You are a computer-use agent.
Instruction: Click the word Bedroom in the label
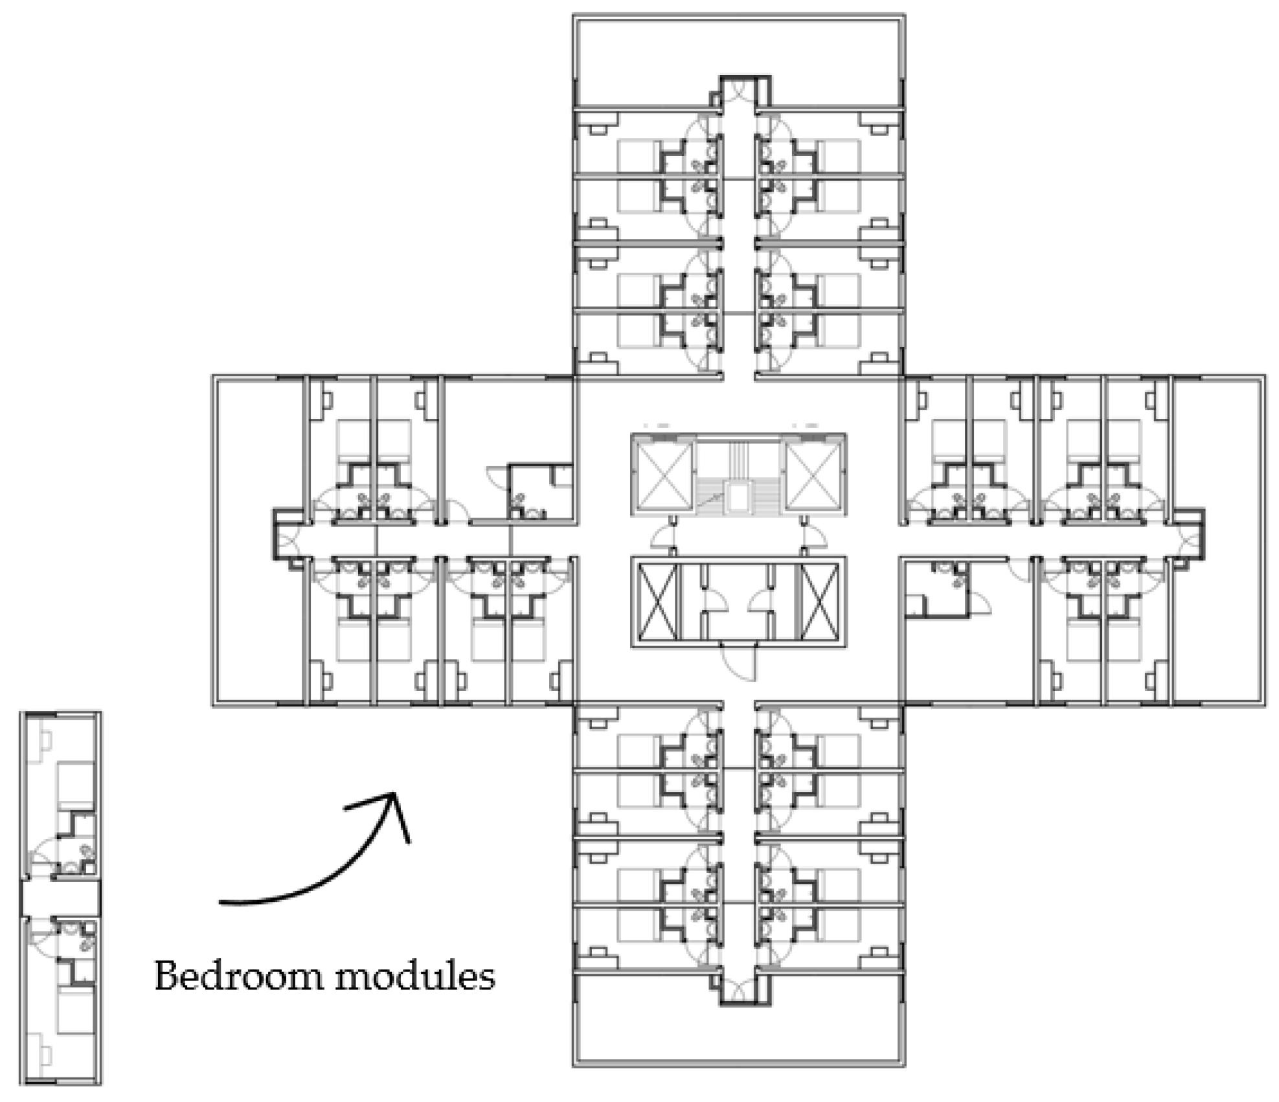point(238,976)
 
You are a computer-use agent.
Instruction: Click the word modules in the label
point(414,976)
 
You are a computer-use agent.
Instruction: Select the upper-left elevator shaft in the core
point(663,474)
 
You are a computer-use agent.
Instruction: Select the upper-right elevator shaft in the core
point(814,474)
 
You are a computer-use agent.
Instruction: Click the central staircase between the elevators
point(738,477)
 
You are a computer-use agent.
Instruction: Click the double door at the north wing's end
point(739,91)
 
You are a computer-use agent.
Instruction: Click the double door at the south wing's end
point(739,989)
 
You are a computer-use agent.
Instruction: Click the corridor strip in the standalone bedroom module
point(61,897)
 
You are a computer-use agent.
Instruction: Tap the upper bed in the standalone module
point(76,785)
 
